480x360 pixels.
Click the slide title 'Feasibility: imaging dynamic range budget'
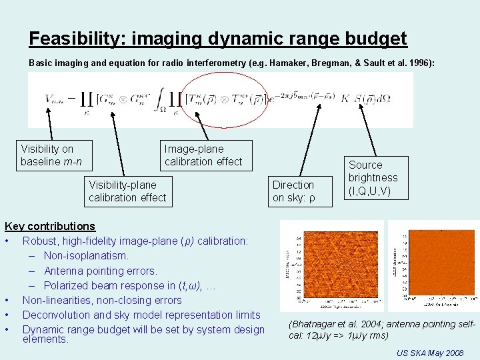click(217, 39)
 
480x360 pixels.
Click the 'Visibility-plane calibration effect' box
click(127, 191)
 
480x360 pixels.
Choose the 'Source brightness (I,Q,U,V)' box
click(373, 178)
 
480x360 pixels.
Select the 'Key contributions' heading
click(50, 227)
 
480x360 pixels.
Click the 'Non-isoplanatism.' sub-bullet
click(86, 255)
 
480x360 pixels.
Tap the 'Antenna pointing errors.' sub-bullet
click(101, 271)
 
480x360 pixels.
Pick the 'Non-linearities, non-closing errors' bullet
click(102, 300)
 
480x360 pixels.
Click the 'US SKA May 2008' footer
click(430, 352)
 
